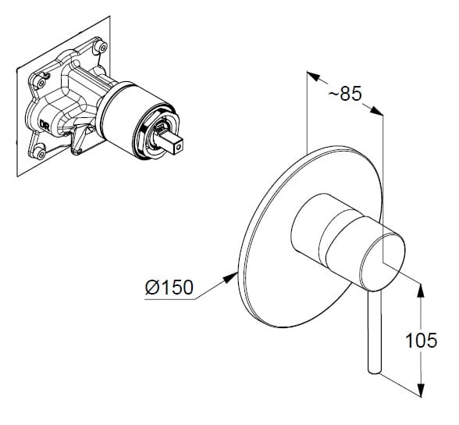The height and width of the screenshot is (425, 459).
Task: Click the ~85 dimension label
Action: coord(345,94)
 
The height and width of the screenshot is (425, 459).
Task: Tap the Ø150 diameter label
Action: coord(169,287)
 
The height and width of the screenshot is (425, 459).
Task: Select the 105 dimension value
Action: coord(421,341)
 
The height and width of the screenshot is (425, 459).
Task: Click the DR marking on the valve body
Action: coord(44,123)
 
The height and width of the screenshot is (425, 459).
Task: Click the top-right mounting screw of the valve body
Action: coord(102,46)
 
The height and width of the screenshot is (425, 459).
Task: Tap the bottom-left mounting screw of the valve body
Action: coord(39,152)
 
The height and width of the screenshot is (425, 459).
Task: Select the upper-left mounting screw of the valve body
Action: coord(40,83)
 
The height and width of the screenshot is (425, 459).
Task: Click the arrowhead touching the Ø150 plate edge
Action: coord(231,277)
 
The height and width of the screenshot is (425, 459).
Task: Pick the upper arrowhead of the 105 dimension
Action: coord(421,291)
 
